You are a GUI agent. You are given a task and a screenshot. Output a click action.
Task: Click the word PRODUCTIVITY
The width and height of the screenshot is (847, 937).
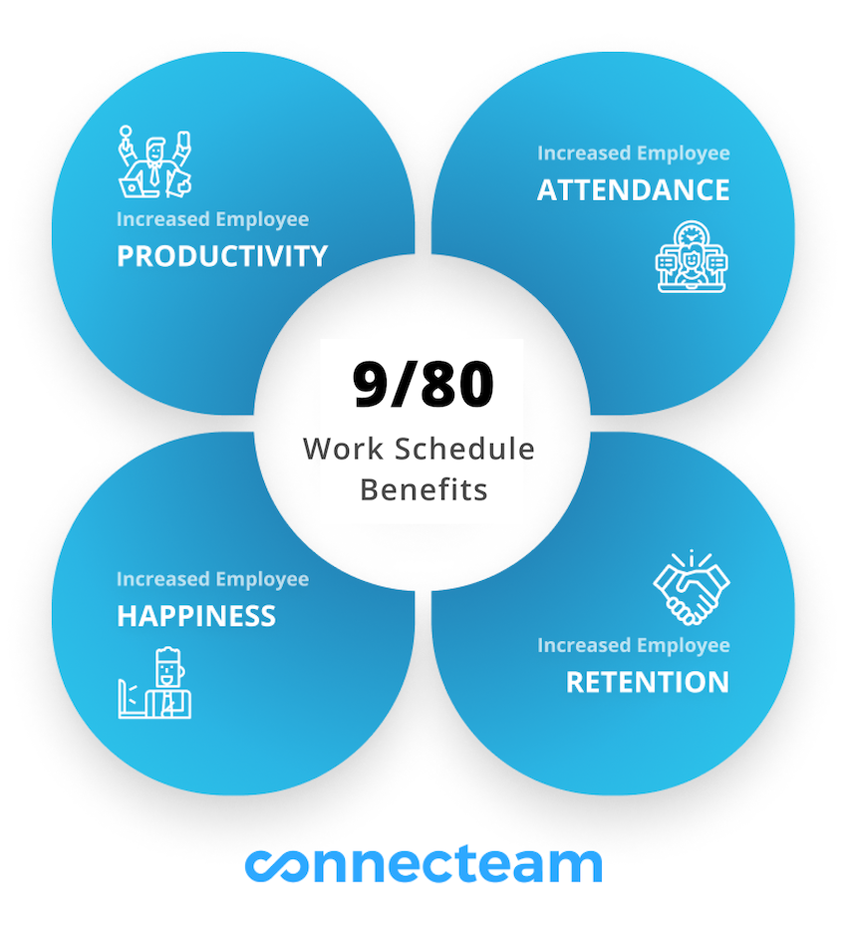222,256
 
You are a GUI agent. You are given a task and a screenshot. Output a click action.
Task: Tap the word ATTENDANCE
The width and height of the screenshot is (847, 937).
633,190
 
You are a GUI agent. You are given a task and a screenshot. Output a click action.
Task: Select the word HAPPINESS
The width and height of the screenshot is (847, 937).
196,616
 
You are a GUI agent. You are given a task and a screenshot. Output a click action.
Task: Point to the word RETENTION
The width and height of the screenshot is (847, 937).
648,683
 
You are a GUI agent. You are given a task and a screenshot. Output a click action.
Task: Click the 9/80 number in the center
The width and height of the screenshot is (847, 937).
423,384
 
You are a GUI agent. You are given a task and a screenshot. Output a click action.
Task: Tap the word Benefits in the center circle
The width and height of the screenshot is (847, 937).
423,490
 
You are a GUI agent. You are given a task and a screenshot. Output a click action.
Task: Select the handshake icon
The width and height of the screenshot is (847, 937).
692,588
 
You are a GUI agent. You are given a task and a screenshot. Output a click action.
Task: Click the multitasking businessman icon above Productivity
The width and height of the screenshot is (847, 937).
154,161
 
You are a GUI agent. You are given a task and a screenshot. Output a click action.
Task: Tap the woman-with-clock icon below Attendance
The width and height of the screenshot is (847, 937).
692,256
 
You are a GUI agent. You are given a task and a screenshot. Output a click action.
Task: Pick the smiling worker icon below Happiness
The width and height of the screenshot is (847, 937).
154,683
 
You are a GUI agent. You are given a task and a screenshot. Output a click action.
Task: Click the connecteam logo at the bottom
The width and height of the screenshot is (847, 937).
423,865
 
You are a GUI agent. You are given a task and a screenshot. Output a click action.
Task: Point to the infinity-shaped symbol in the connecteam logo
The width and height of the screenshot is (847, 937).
276,866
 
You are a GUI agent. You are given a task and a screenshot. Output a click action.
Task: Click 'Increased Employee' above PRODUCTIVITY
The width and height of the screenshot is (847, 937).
212,219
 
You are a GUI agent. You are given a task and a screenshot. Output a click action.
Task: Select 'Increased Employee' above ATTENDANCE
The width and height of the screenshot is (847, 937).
633,154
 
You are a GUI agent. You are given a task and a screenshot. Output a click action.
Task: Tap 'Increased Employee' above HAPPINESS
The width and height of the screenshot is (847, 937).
212,579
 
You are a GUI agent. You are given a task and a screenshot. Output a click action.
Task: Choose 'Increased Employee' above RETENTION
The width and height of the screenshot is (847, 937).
633,645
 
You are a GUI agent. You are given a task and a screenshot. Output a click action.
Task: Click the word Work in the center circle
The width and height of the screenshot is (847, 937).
343,449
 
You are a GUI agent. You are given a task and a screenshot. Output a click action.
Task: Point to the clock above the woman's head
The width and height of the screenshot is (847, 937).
692,233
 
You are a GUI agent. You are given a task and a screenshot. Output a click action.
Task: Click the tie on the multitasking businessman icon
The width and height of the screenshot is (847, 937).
154,173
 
